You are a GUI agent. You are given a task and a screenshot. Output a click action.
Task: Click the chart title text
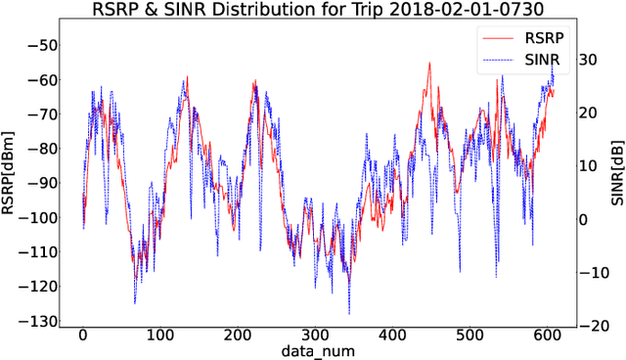(312, 11)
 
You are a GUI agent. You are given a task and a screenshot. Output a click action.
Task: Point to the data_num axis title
(317, 349)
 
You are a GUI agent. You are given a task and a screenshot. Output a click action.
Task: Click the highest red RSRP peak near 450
(429, 64)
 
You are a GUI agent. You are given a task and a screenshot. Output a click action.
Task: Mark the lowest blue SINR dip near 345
(349, 313)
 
